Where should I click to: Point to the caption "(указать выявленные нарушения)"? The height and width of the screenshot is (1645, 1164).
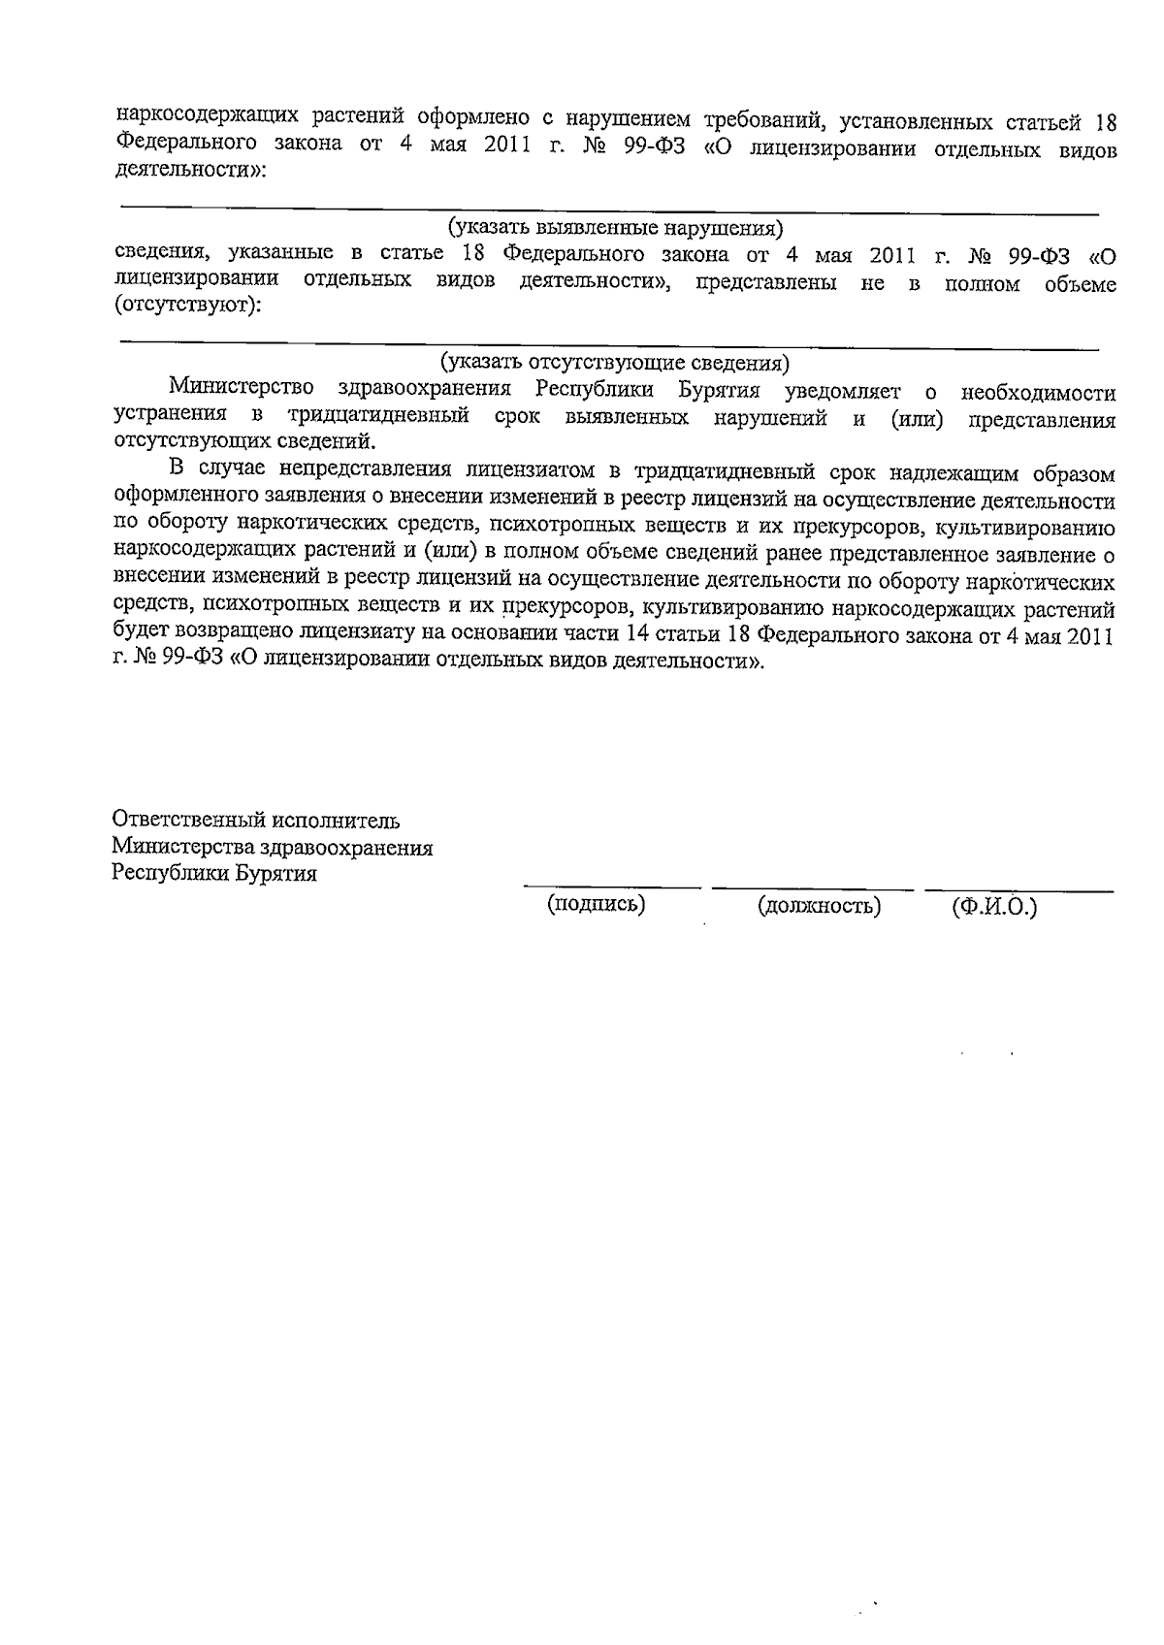tap(615, 228)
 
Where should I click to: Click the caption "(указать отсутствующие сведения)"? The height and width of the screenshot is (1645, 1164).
tap(615, 363)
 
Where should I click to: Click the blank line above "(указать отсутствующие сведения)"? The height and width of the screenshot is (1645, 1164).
tap(608, 343)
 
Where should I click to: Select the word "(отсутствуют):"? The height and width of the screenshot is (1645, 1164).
tap(188, 306)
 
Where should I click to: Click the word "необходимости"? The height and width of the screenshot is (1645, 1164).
tap(1037, 394)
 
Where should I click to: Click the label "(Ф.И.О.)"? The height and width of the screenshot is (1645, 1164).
tap(995, 908)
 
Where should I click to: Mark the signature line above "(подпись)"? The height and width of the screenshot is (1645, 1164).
tap(611, 887)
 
